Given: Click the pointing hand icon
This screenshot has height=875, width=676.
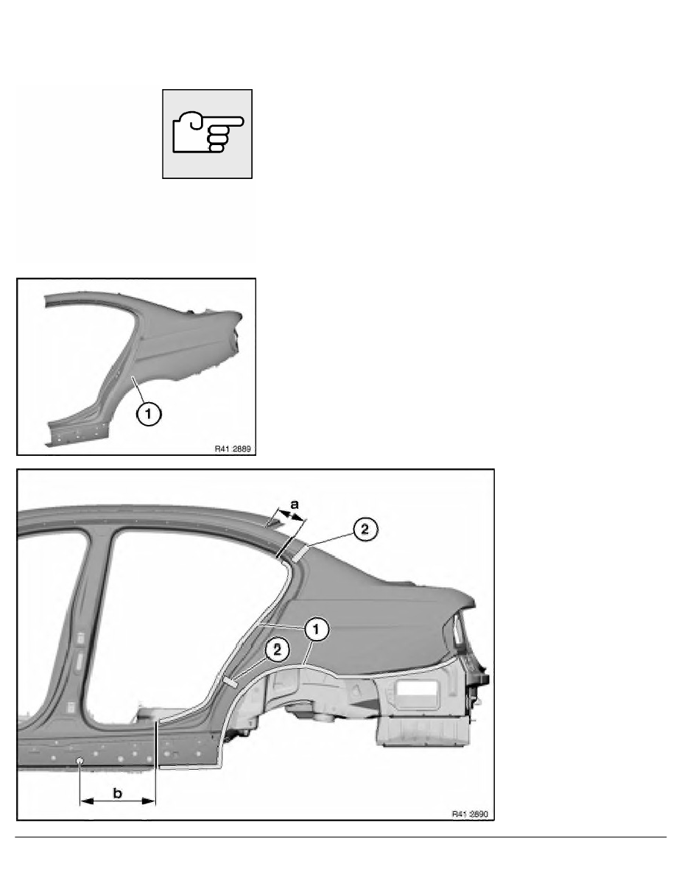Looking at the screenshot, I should point(207,133).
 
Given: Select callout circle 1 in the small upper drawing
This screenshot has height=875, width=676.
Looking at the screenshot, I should point(147,415).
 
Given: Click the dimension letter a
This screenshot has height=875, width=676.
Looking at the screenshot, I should point(295,504).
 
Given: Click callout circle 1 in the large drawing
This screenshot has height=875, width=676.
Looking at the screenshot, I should point(316,630).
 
